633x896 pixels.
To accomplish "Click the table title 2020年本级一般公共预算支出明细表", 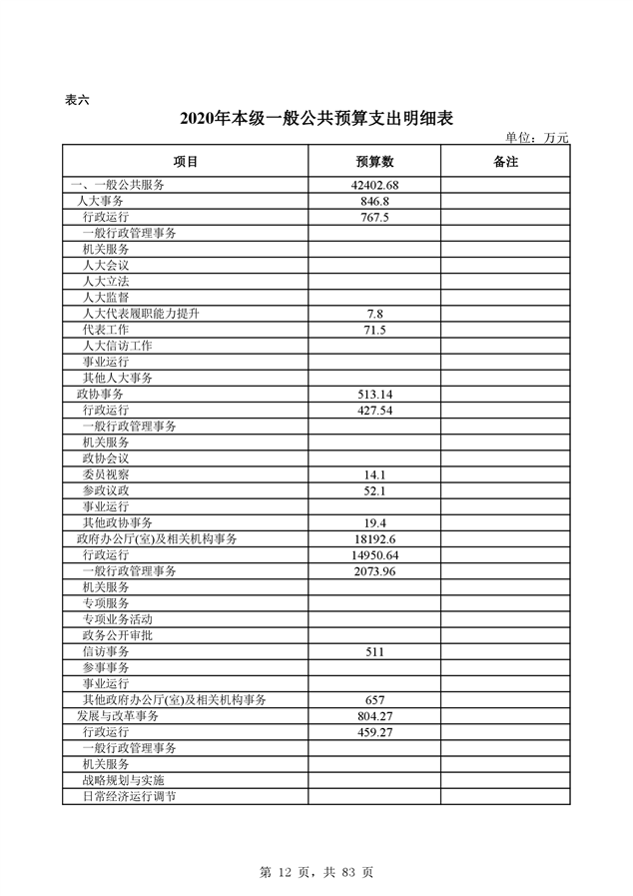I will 316,119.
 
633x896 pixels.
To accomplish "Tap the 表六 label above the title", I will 77,99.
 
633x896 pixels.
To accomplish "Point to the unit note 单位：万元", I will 536,138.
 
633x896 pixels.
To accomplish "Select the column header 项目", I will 186,162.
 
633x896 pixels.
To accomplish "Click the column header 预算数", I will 374,162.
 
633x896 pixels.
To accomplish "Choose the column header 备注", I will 505,162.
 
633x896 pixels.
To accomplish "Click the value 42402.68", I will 374,186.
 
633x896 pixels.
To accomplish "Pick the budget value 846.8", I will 374,202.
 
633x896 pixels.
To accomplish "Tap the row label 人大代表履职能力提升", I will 141,314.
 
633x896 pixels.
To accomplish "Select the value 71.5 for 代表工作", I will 374,330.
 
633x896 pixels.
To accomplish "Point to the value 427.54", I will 374,411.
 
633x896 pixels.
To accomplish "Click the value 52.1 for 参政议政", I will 374,490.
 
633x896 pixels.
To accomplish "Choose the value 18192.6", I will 374,539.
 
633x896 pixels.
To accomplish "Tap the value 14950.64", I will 374,555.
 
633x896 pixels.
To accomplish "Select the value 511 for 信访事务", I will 374,651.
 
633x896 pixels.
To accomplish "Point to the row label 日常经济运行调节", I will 130,796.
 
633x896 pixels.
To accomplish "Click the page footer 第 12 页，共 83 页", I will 316,872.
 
